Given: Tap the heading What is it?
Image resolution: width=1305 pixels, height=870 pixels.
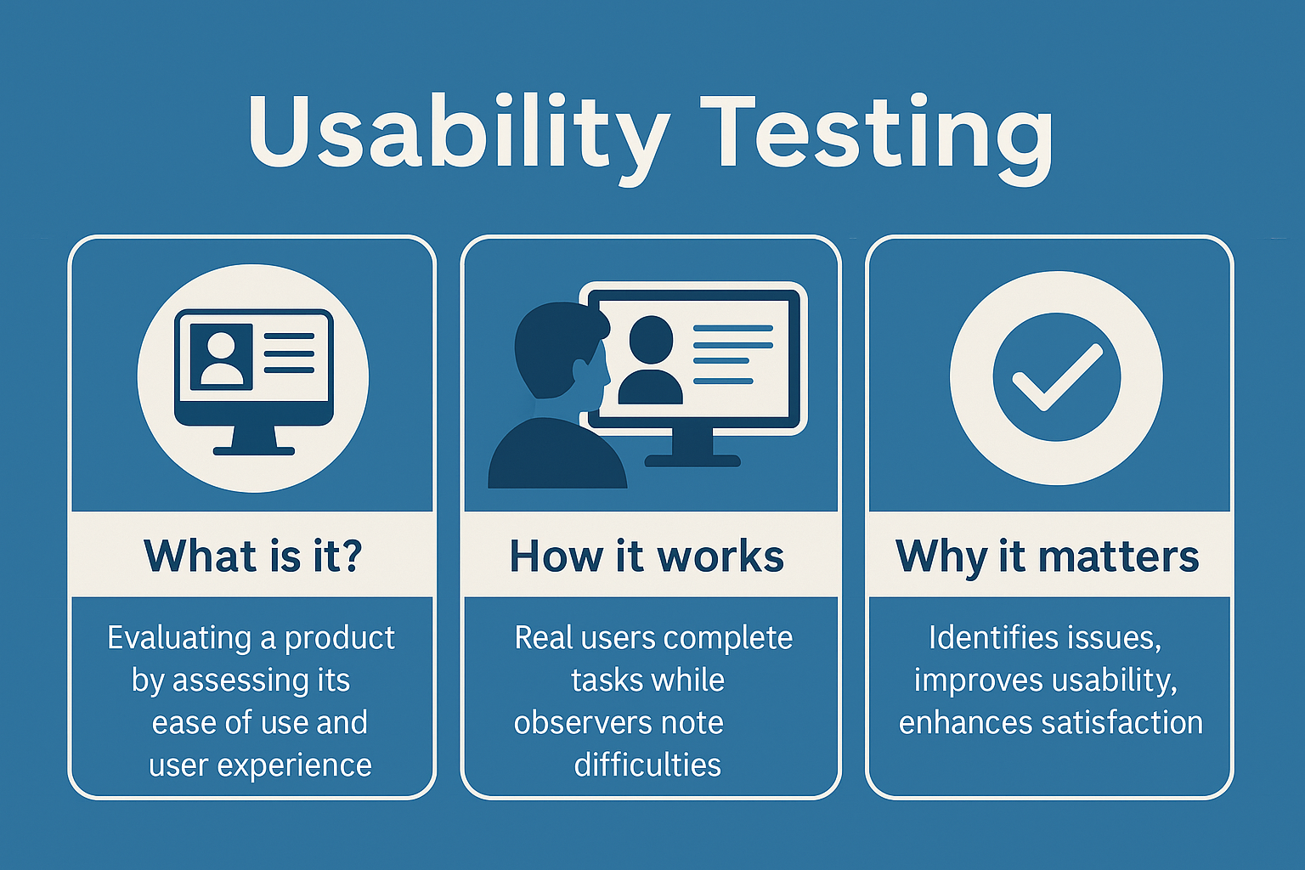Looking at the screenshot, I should coord(253,556).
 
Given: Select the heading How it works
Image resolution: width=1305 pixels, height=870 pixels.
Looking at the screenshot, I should coord(647,556).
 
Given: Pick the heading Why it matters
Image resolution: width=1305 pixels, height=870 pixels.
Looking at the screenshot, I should coord(1047,556).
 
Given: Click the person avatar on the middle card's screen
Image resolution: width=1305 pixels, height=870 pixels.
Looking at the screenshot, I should coord(650,361).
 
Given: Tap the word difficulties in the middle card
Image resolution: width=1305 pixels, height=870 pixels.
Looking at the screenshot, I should coord(647,765).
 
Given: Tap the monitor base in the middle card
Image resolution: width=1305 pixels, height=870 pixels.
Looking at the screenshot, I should coord(692,460).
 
